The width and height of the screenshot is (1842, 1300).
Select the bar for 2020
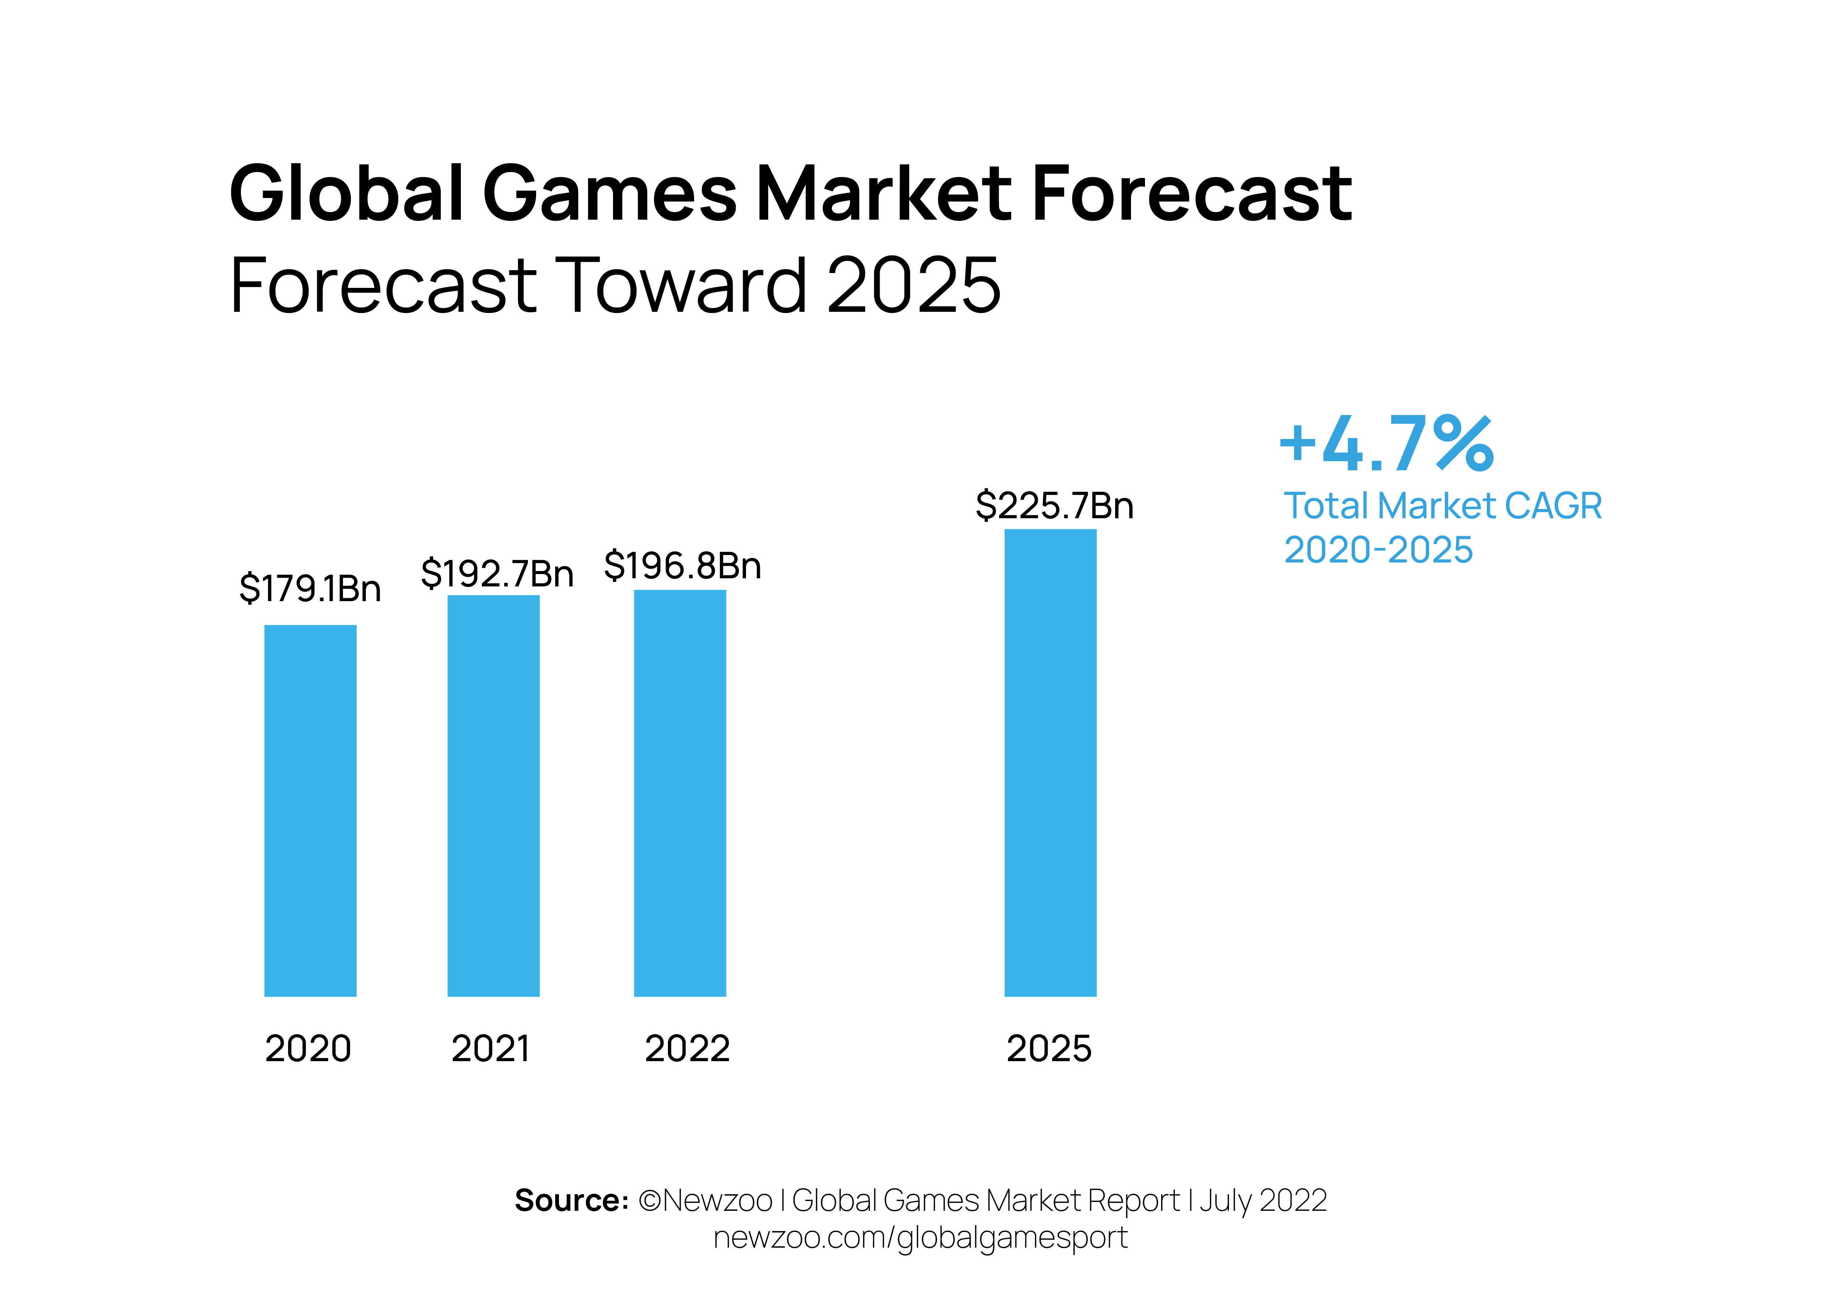[311, 811]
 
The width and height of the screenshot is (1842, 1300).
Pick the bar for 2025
[1050, 762]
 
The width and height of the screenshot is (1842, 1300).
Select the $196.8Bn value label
[683, 566]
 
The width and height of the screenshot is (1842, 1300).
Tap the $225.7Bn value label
[1054, 506]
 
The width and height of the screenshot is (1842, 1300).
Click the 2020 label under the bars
[308, 1049]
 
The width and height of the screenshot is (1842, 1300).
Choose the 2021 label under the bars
[491, 1049]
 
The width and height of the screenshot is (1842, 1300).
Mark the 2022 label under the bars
[687, 1049]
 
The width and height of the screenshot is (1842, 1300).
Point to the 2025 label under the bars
[1049, 1049]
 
